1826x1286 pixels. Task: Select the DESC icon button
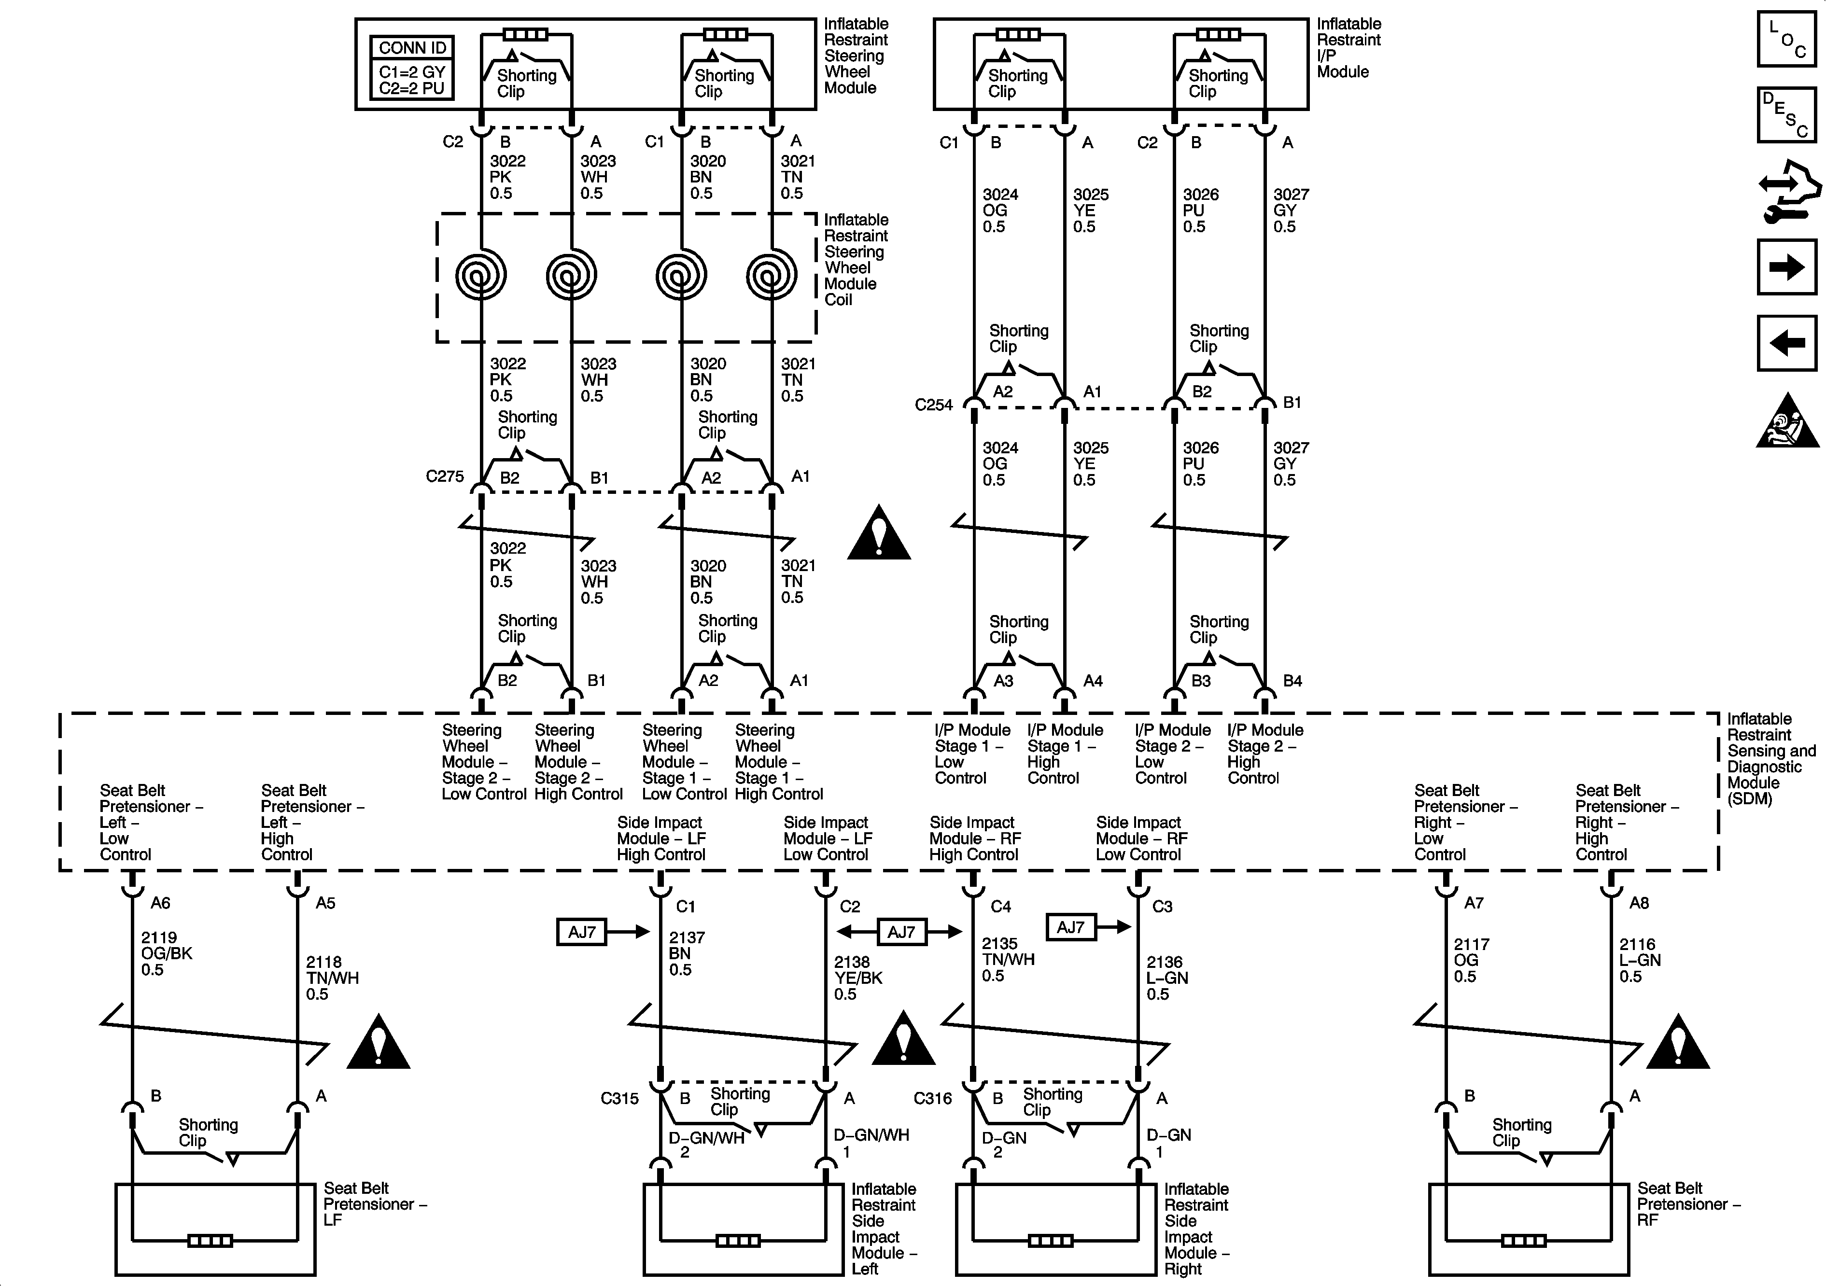pos(1786,114)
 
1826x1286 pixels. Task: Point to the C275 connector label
pos(445,476)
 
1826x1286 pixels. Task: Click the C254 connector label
pos(934,405)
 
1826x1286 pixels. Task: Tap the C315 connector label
pos(619,1098)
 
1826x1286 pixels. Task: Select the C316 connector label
pos(932,1098)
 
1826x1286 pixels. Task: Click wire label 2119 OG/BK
pos(166,953)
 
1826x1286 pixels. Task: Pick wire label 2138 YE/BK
pos(857,978)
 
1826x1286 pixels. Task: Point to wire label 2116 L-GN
pos(1640,960)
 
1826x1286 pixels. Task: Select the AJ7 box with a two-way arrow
pos(901,931)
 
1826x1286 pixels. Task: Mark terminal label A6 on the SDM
pos(161,903)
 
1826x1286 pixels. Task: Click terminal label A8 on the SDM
pos(1639,903)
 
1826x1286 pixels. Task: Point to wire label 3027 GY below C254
pos(1290,463)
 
